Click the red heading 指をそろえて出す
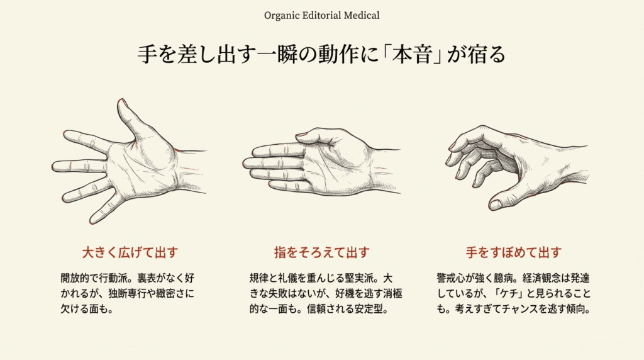click(x=321, y=253)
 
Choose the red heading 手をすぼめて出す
click(x=513, y=253)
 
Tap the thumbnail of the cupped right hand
click(x=496, y=205)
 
